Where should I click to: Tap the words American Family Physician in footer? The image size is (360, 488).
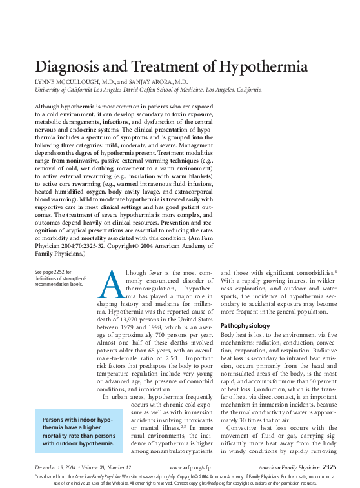tap(288, 467)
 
